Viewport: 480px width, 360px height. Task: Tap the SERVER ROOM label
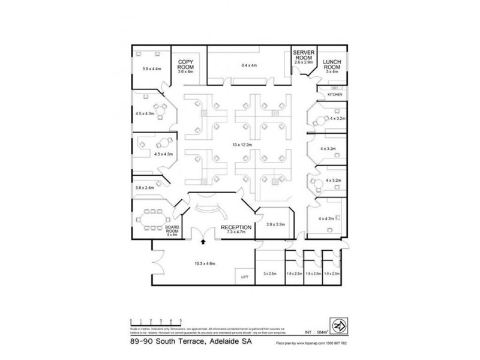[x=304, y=54]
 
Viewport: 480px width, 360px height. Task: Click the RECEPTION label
[x=235, y=227]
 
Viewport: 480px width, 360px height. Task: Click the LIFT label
[x=244, y=277]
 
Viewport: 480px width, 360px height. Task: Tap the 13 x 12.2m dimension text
[x=245, y=145]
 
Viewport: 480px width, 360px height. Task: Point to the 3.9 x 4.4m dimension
[x=152, y=69]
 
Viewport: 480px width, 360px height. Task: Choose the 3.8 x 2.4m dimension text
[x=146, y=187]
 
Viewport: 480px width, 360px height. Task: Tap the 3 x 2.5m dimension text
[x=269, y=274]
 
